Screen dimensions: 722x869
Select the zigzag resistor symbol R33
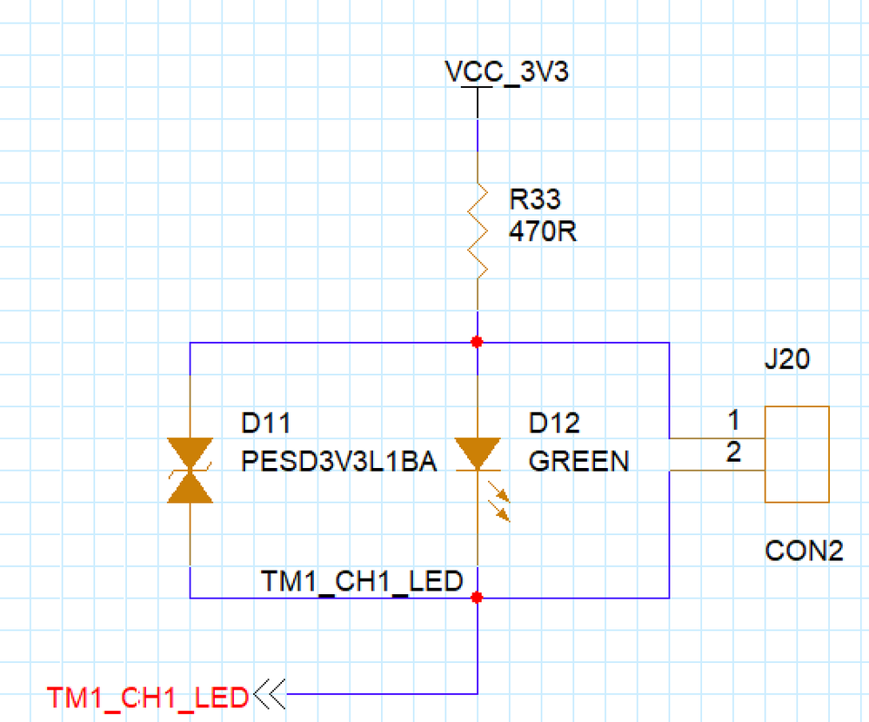click(x=477, y=230)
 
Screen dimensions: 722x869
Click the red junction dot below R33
click(x=477, y=342)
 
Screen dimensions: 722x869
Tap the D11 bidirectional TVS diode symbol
click(x=191, y=471)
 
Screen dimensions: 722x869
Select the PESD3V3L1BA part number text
click(x=338, y=460)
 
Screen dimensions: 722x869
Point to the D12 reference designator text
click(x=554, y=424)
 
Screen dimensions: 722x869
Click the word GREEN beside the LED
click(x=578, y=460)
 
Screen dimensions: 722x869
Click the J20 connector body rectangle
click(x=797, y=454)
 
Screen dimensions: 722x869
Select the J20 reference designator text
click(x=786, y=359)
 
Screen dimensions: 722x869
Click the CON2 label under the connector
click(x=804, y=552)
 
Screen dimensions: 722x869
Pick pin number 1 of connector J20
click(x=733, y=422)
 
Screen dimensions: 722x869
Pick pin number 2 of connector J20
click(x=733, y=453)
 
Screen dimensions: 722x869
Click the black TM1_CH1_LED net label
click(x=362, y=581)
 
